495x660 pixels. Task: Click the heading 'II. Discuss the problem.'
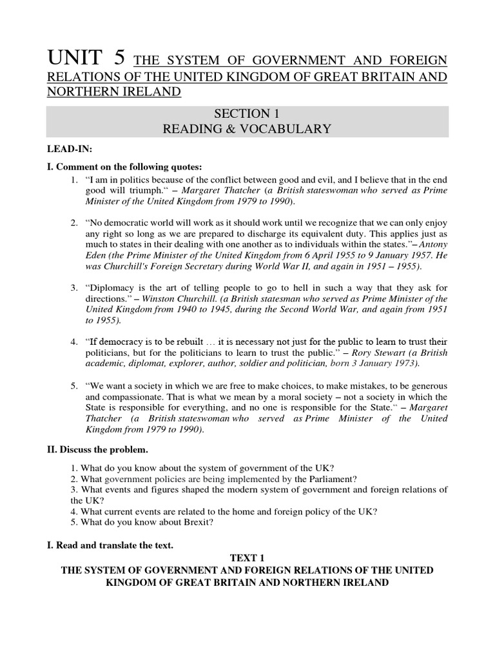click(x=101, y=449)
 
